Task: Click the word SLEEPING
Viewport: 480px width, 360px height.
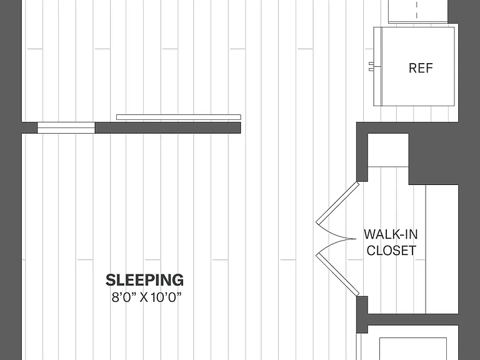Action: (144, 280)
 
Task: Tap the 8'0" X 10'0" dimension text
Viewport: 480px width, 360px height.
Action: (147, 297)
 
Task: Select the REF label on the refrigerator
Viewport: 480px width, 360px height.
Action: (421, 68)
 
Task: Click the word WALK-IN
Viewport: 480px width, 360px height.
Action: (391, 234)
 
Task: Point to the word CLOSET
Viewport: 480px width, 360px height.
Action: (391, 251)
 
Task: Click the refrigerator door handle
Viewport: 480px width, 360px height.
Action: (371, 66)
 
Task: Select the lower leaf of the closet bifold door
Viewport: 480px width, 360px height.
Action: (337, 274)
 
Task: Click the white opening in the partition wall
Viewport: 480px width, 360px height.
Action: (66, 127)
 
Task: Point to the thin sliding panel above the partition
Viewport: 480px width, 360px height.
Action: (179, 117)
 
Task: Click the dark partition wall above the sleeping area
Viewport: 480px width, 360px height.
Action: (167, 127)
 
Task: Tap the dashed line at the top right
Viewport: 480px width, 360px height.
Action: (417, 9)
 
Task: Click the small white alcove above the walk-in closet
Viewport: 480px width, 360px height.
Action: (388, 150)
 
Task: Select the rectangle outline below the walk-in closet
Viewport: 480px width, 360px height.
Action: (413, 349)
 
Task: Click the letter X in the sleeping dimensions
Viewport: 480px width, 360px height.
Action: (144, 297)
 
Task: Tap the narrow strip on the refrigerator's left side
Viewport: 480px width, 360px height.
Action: (377, 66)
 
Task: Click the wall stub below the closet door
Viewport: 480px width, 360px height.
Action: (362, 314)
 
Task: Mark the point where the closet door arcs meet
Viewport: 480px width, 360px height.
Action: (356, 239)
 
